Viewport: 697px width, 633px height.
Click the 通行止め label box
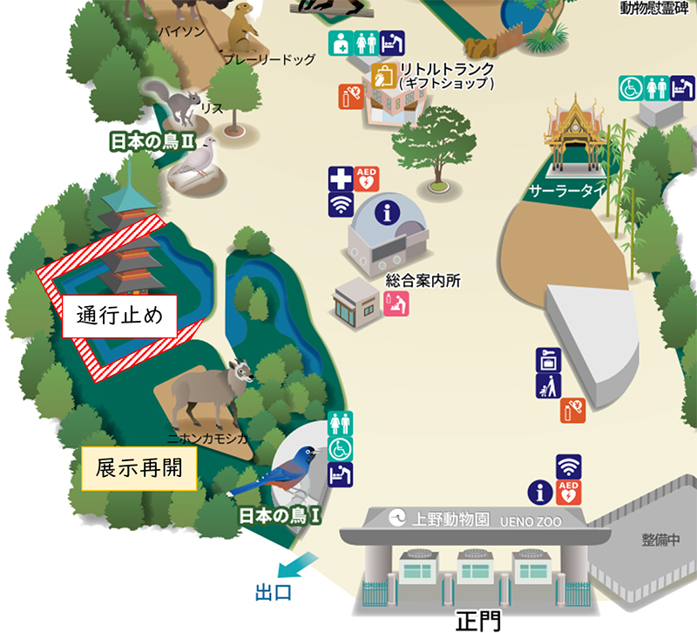pyautogui.click(x=119, y=316)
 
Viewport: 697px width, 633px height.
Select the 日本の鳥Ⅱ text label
pyautogui.click(x=149, y=141)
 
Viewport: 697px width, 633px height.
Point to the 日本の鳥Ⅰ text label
pyautogui.click(x=281, y=516)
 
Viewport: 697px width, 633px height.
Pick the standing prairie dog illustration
pyautogui.click(x=245, y=31)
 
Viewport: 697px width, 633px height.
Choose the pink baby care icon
pyautogui.click(x=397, y=303)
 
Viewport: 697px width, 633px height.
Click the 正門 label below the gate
pyautogui.click(x=478, y=620)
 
